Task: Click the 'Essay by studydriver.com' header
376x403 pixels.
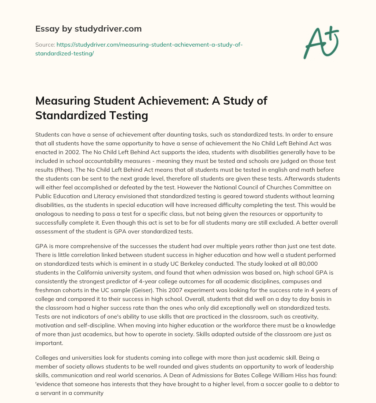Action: point(88,29)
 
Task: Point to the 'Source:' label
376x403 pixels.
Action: point(45,44)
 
